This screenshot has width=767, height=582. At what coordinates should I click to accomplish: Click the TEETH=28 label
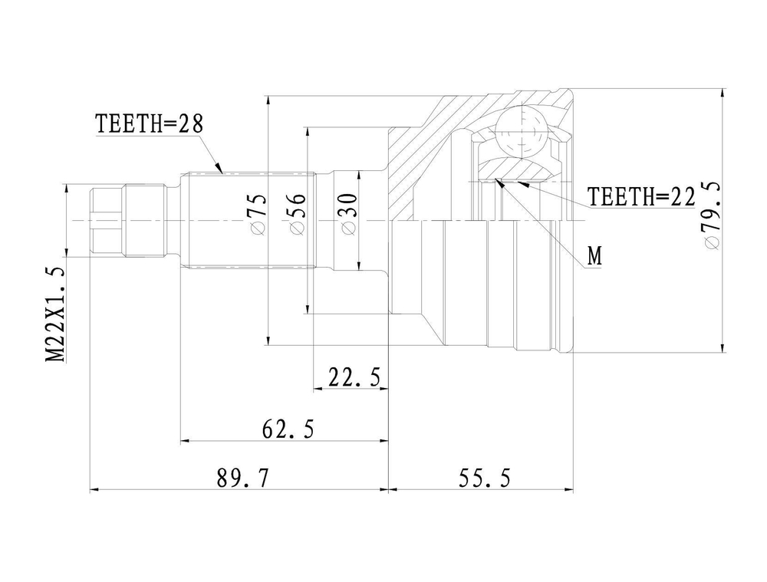tap(149, 124)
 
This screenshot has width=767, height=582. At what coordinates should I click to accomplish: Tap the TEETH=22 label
tap(641, 197)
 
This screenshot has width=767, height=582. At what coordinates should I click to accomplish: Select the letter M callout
tap(594, 256)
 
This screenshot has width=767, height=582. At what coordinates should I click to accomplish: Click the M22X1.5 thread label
tap(55, 315)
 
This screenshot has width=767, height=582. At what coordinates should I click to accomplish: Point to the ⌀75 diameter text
tap(258, 213)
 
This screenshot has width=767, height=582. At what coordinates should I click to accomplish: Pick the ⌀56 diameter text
tap(297, 214)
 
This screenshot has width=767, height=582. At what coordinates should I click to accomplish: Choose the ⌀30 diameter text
tap(348, 214)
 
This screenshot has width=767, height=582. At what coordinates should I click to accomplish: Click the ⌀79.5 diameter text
tap(711, 215)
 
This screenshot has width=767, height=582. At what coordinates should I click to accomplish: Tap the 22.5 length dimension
tap(354, 377)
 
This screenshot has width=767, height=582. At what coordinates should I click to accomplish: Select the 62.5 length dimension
tap(288, 429)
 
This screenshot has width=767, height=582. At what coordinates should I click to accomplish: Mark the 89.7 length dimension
tap(243, 478)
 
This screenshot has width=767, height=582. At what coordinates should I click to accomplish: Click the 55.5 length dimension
tap(484, 478)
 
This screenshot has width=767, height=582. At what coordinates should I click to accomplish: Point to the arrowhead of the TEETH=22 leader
tap(522, 184)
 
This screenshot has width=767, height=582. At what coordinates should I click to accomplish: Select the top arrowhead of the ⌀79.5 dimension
tap(723, 94)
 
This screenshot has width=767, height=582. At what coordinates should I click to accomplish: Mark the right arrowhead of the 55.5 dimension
tap(568, 488)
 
